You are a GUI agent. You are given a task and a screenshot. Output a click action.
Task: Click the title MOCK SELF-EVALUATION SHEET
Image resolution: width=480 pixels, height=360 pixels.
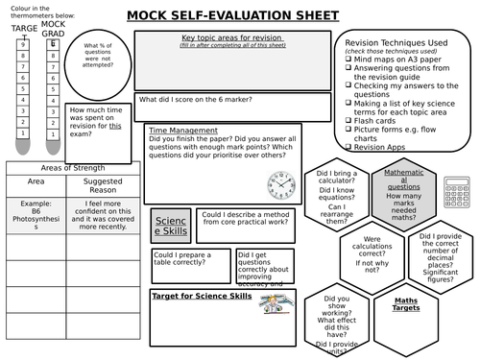point(233,16)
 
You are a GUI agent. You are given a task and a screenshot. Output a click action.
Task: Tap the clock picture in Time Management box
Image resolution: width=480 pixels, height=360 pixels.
point(281,180)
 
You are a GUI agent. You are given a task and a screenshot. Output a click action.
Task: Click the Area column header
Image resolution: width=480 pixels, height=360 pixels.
point(36,180)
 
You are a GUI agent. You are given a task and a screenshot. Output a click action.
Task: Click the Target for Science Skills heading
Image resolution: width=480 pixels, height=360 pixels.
point(202,297)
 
